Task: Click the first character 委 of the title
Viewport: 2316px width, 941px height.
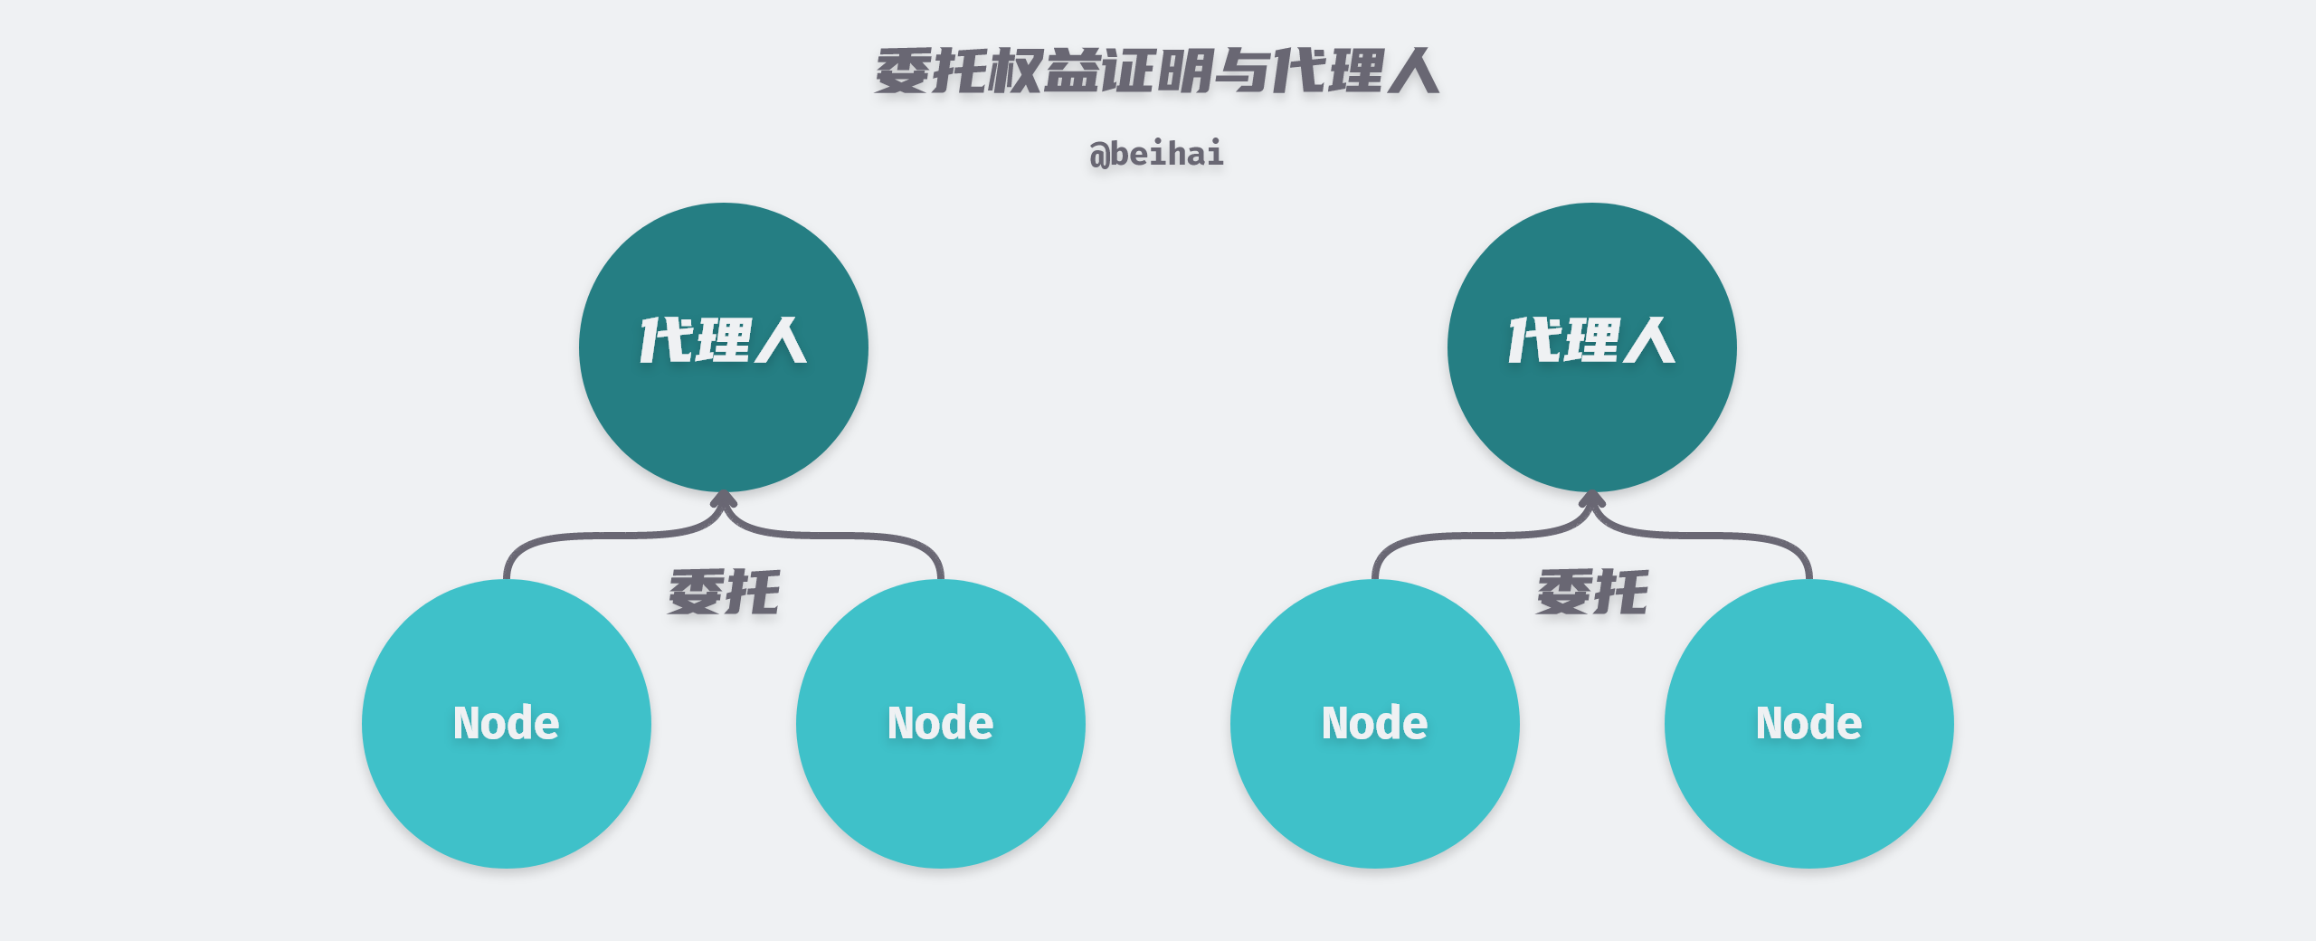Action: (x=902, y=71)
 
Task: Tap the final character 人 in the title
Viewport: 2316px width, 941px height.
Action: (x=1414, y=71)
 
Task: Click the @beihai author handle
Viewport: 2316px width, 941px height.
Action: (x=1157, y=154)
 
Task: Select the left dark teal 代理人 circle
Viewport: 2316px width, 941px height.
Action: (x=724, y=416)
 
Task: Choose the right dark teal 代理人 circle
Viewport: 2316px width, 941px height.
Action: (x=1592, y=416)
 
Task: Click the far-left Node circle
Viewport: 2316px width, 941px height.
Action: (x=507, y=787)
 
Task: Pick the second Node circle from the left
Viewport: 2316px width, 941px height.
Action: (x=941, y=787)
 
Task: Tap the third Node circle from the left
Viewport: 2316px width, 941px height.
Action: (x=1375, y=787)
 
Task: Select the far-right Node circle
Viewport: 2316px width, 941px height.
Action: (x=1809, y=787)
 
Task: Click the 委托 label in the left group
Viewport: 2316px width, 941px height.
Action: (x=724, y=593)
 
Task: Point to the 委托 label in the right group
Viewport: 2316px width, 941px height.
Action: (x=1592, y=593)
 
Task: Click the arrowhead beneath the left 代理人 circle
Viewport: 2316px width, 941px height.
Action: (x=724, y=498)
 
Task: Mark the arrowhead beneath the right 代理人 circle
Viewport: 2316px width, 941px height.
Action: (x=1592, y=498)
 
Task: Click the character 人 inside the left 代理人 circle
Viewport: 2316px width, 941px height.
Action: (x=781, y=341)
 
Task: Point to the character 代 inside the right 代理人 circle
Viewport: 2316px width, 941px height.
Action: (x=1535, y=341)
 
